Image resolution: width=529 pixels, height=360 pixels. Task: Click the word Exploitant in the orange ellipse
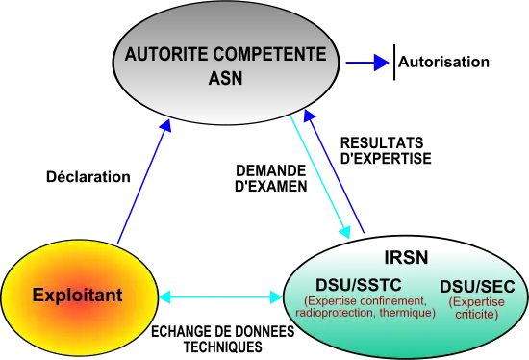coord(77,295)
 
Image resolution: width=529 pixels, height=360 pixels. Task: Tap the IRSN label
coord(406,258)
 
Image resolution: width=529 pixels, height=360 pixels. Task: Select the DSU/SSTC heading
coord(359,286)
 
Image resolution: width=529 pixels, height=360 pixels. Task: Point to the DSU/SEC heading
coord(477,287)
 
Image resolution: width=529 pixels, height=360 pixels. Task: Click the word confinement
coord(392,301)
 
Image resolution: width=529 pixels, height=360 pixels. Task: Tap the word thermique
coord(408,313)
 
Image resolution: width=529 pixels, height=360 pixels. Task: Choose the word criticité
coord(476,315)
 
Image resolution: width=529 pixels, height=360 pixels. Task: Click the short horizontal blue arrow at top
coord(366,64)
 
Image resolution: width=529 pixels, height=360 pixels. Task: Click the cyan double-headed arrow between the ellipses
coord(220,298)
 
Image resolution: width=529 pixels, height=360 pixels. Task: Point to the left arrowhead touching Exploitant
coord(166,298)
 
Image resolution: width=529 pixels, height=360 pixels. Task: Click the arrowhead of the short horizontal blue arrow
coord(382,64)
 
